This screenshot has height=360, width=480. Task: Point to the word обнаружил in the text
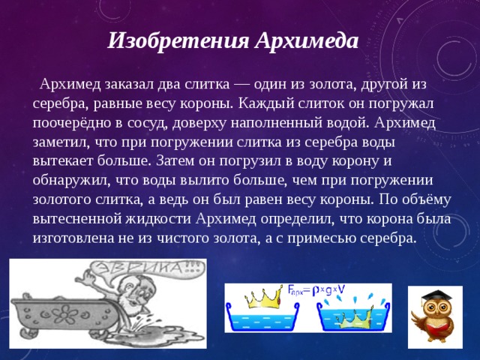[x=72, y=180]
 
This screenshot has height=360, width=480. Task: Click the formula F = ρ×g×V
[x=318, y=289]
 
